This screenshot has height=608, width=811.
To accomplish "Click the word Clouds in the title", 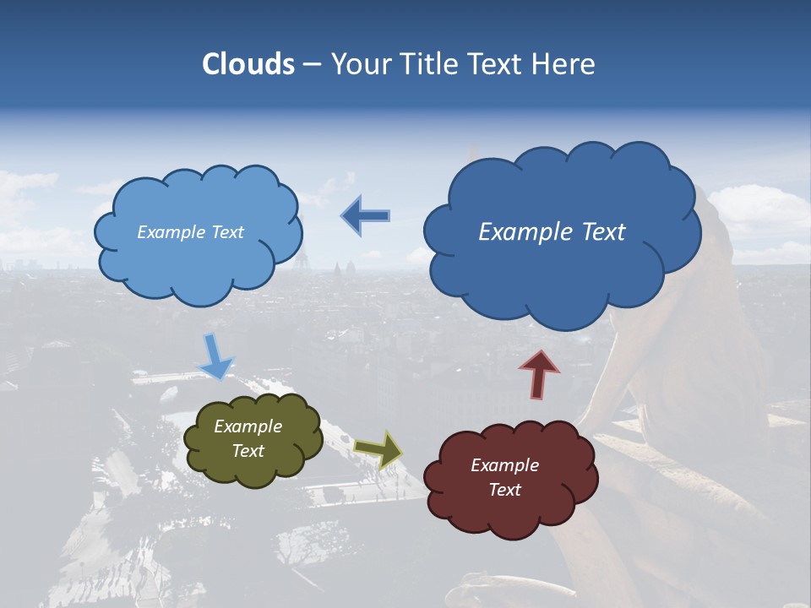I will pos(248,64).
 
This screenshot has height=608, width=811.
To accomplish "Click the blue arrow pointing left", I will pos(365,216).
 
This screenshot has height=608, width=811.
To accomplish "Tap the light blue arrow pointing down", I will pos(215,356).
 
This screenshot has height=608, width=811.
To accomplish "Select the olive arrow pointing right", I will pos(378,449).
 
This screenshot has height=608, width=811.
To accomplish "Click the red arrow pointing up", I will pos(539,374).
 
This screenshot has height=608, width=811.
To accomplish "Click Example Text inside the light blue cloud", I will pos(190,232).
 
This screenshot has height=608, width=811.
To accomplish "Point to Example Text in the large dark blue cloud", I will pos(552,232).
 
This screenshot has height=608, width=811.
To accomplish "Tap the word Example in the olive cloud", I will pos(248,426).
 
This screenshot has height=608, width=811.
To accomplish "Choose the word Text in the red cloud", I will pos(504,490).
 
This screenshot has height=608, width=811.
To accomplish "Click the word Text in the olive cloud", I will pos(248,451).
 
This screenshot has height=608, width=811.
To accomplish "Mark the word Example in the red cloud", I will pos(504,465).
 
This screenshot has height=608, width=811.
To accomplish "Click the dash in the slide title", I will pos(311,64).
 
